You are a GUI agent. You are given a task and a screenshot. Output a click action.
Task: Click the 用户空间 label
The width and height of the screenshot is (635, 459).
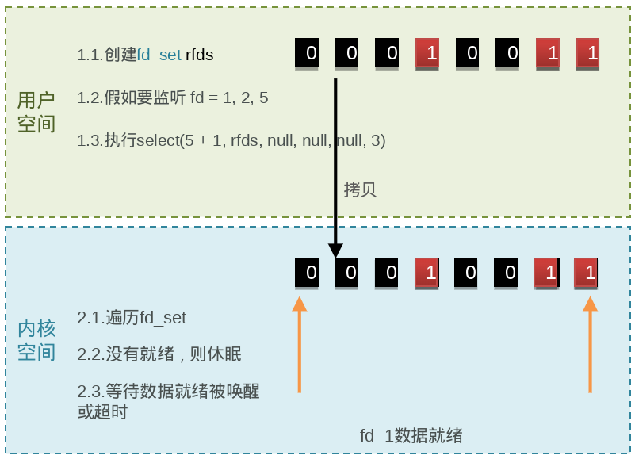(36, 112)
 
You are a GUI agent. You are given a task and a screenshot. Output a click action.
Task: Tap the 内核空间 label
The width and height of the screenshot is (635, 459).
(36, 340)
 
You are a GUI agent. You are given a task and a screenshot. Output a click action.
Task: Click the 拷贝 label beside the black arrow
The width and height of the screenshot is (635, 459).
(359, 189)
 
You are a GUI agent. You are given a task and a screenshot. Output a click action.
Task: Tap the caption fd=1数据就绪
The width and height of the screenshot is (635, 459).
(411, 435)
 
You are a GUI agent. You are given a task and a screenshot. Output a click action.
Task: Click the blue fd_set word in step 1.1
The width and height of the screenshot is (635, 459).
(159, 55)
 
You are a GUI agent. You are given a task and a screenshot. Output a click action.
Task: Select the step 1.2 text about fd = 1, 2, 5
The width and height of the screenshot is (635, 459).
(173, 98)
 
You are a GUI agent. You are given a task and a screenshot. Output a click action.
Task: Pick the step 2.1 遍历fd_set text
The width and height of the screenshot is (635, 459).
(132, 318)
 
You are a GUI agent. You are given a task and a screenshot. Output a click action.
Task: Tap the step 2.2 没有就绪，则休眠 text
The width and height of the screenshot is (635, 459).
(159, 354)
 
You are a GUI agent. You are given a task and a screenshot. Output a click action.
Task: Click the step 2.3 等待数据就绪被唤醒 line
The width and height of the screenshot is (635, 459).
(168, 391)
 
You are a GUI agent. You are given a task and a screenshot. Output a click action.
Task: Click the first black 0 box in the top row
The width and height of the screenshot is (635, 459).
(309, 54)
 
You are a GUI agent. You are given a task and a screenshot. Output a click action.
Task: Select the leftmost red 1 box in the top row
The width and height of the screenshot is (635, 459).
(428, 54)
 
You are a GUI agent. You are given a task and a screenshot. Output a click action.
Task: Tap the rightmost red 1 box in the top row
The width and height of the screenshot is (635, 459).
(588, 54)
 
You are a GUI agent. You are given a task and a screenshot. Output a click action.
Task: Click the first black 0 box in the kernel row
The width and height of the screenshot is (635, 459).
(308, 272)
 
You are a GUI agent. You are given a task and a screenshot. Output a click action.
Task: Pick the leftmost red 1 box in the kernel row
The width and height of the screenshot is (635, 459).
(427, 272)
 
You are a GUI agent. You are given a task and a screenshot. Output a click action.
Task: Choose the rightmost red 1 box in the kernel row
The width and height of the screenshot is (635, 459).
(587, 272)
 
